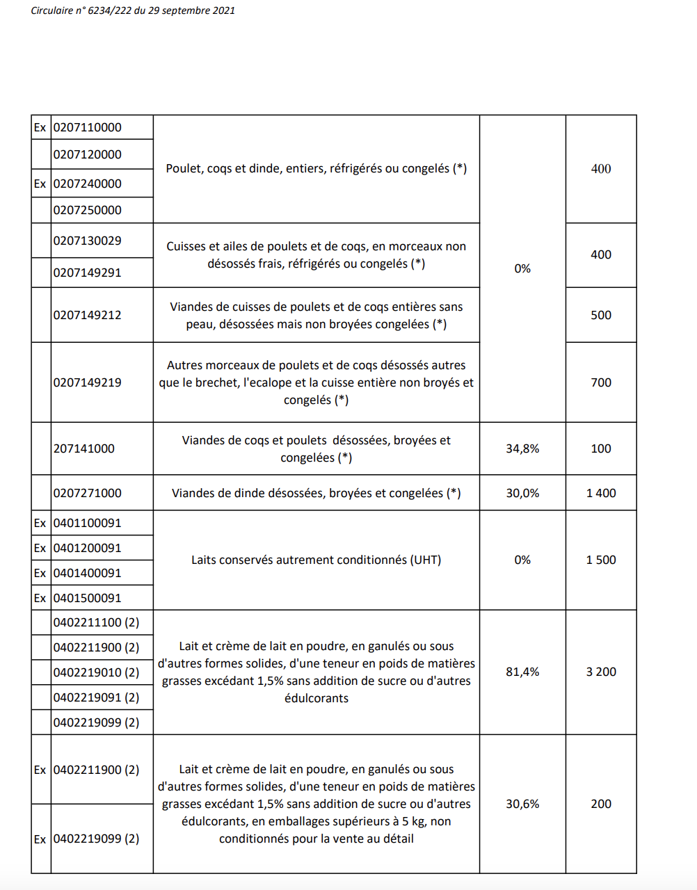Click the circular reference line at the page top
(133, 10)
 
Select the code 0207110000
(88, 127)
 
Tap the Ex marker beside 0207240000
(40, 184)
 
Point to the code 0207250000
(88, 210)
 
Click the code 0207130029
(88, 241)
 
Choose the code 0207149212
(88, 315)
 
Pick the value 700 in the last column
(601, 382)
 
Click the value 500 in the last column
(601, 315)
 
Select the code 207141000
(84, 448)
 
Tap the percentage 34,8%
(522, 448)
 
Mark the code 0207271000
(88, 493)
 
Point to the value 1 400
(601, 493)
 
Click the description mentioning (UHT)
(316, 560)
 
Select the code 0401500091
(88, 598)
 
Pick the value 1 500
(601, 560)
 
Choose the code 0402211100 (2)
(96, 622)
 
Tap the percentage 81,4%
(522, 672)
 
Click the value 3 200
(601, 672)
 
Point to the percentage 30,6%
(522, 804)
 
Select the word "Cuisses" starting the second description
(186, 246)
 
